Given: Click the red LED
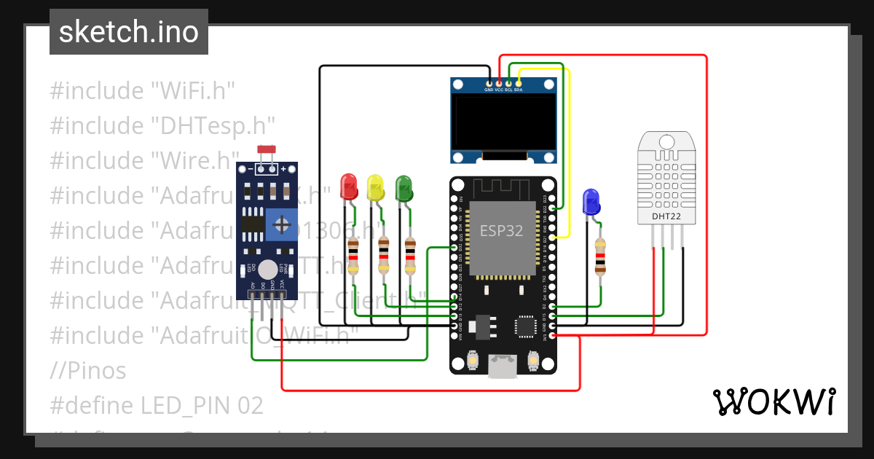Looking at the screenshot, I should click(349, 187).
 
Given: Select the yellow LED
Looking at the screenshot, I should click(375, 187).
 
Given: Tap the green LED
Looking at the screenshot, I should click(403, 187).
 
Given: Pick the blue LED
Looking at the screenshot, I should click(591, 201).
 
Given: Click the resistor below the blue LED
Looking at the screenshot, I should click(600, 256).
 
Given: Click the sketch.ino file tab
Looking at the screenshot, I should click(129, 32).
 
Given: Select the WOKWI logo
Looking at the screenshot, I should click(773, 401).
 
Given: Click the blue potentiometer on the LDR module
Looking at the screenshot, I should click(281, 224).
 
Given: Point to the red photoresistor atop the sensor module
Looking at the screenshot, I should click(267, 150).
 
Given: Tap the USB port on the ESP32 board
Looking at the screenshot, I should click(503, 366).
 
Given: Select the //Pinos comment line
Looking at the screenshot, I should click(88, 371).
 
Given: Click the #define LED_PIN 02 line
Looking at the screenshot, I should click(157, 405).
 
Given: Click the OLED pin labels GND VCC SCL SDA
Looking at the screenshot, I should click(503, 90).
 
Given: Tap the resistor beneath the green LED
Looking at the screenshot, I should click(410, 256).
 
